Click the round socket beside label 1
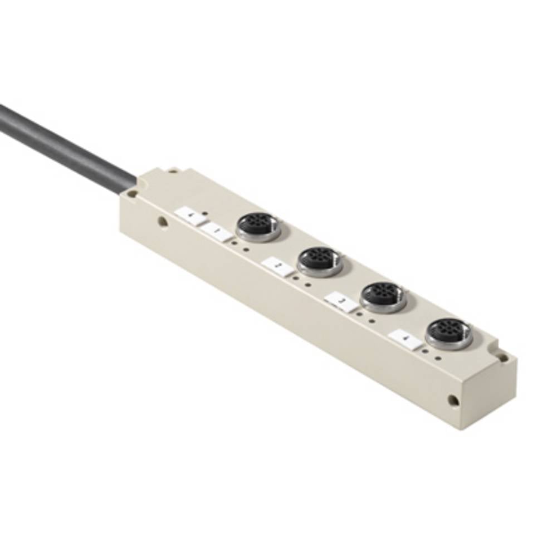258,226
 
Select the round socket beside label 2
320,260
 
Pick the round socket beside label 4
448,333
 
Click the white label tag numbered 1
216,231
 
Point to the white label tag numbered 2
277,266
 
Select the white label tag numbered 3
341,302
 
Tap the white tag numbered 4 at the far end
406,339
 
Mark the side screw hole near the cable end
162,221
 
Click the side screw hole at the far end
454,399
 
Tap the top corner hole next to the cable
132,194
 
